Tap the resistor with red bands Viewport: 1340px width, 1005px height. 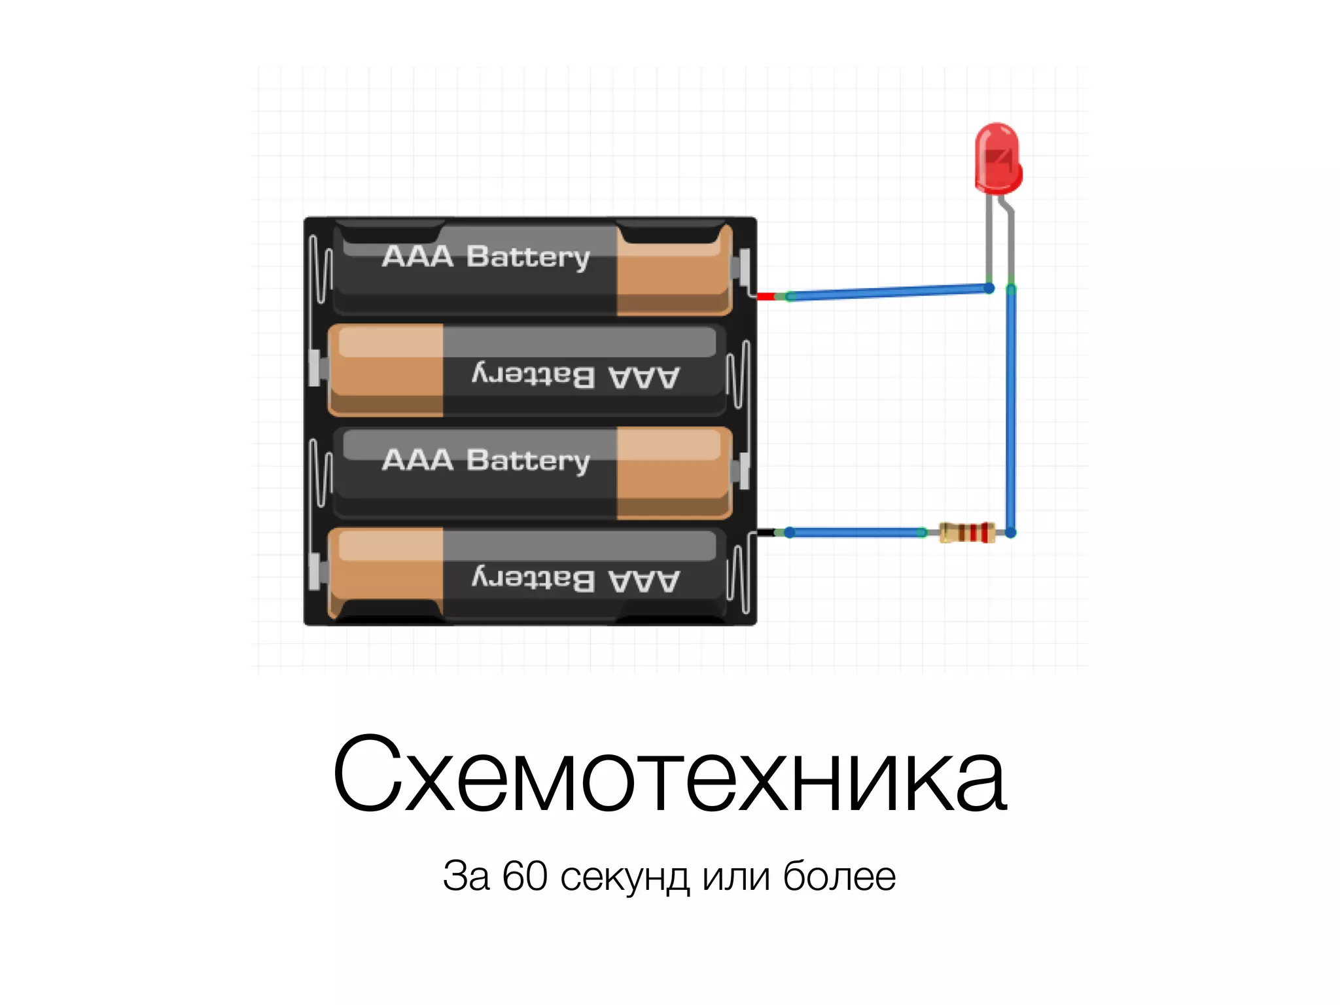tap(967, 533)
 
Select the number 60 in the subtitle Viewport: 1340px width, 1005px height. tap(524, 876)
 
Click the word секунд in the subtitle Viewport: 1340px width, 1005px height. tap(625, 877)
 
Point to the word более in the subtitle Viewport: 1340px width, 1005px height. tap(839, 876)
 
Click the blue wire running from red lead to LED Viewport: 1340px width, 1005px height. tap(890, 292)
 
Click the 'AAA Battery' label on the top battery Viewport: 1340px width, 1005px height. tap(485, 256)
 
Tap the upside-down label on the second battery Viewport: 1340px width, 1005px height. tap(576, 376)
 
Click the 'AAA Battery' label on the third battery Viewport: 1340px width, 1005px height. tap(485, 460)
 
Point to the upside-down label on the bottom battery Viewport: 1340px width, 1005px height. tap(576, 580)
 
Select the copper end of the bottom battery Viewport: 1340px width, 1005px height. tap(386, 573)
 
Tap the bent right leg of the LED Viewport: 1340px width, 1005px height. tap(1010, 242)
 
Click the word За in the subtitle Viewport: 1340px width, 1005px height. tap(466, 876)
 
